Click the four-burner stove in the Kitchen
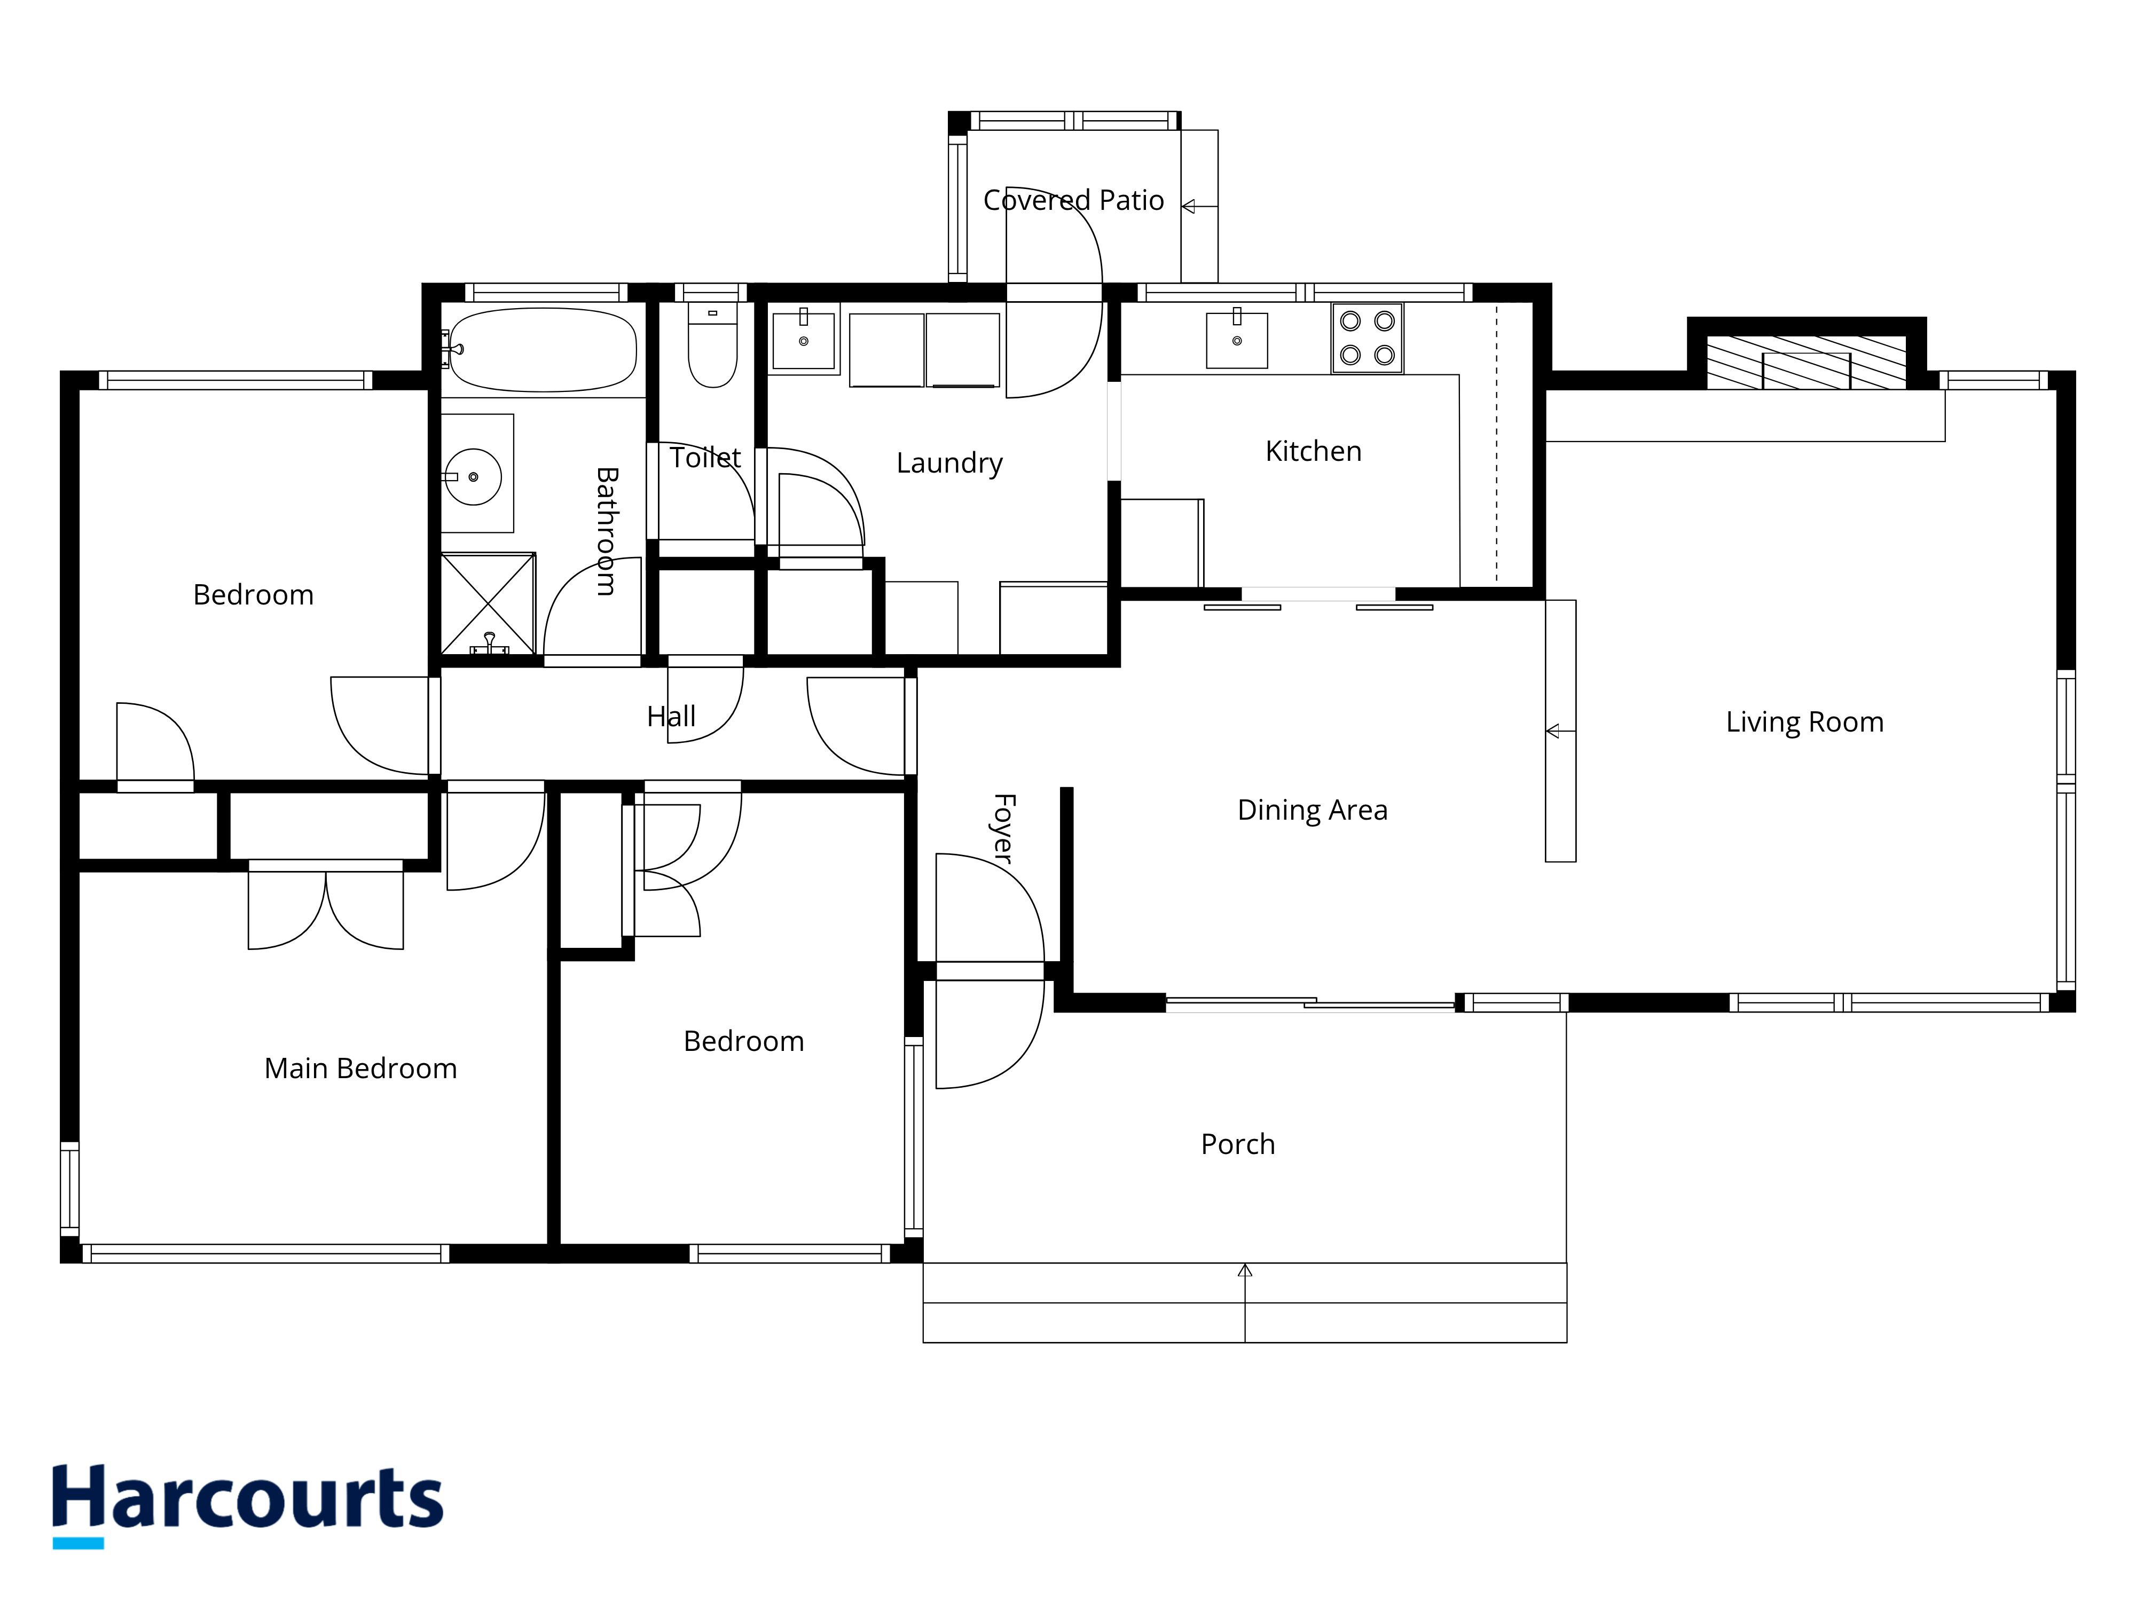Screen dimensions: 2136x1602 coord(1368,338)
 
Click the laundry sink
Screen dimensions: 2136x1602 coord(804,340)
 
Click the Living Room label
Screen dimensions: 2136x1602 coord(1805,723)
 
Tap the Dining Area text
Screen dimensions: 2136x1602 coord(1313,810)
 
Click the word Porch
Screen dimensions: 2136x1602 coord(1238,1144)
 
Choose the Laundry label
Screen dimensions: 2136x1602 coord(949,464)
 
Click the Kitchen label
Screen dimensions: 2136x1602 coord(1313,451)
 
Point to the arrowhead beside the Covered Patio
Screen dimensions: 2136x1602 coord(1189,207)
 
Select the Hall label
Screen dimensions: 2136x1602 coord(671,717)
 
